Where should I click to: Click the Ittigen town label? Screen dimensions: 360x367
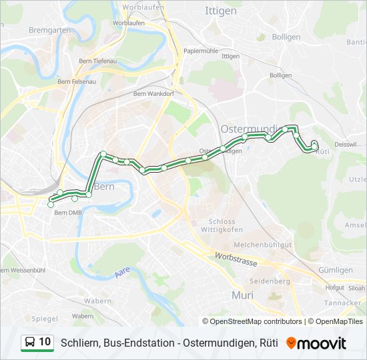click(221, 12)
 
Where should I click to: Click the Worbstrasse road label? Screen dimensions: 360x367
click(236, 260)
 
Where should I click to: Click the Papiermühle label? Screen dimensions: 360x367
click(202, 51)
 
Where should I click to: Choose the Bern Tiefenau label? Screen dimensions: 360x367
click(97, 61)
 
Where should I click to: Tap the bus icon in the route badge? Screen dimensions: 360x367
click(30, 343)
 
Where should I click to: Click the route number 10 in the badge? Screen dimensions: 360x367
click(45, 342)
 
